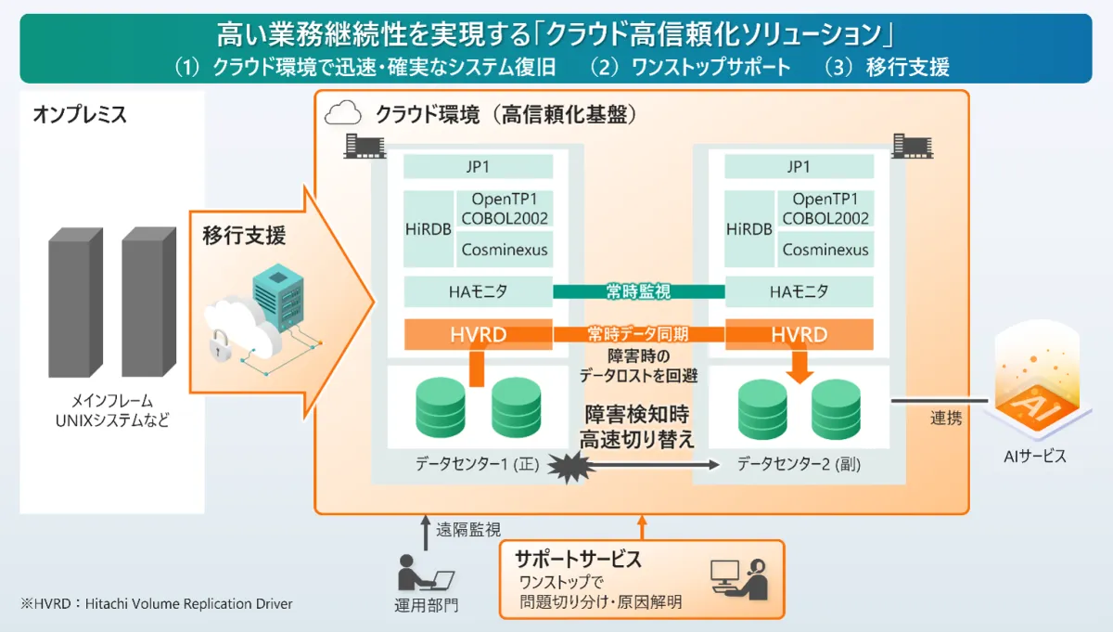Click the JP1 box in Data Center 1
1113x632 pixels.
(x=478, y=166)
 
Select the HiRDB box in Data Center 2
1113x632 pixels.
(x=749, y=228)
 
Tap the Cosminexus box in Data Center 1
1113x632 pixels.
(x=505, y=249)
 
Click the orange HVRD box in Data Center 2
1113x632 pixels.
(x=799, y=334)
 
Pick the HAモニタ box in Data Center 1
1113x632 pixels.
(x=478, y=291)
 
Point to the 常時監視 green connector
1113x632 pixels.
(x=638, y=291)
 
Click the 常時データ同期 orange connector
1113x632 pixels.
(x=638, y=334)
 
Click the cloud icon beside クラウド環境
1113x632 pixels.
(x=343, y=113)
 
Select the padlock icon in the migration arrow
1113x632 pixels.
(x=220, y=345)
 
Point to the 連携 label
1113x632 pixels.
(x=946, y=419)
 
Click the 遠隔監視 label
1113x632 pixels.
(x=468, y=530)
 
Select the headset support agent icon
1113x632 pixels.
(x=739, y=579)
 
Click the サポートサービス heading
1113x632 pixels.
(x=579, y=559)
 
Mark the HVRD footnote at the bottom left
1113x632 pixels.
(x=157, y=603)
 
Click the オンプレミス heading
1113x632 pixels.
(x=80, y=114)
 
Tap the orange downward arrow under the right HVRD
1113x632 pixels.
(x=800, y=367)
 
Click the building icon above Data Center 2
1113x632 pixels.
(x=913, y=146)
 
